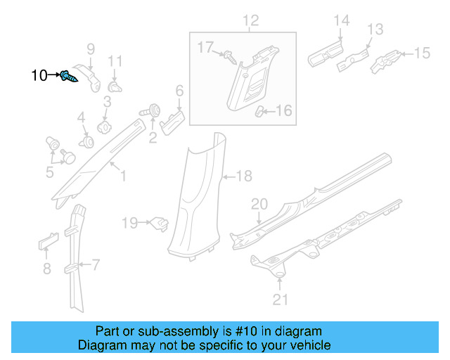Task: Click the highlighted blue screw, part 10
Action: (x=68, y=77)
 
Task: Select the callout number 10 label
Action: (x=39, y=75)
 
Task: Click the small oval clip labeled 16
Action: (x=260, y=110)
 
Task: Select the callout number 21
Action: (x=281, y=300)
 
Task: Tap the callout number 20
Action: (x=259, y=205)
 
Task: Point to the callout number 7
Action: (x=96, y=264)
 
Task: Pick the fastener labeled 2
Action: (x=150, y=111)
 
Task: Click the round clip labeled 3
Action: (x=105, y=127)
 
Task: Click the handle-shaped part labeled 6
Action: (x=172, y=121)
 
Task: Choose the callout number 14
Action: (x=340, y=21)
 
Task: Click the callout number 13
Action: (x=375, y=30)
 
